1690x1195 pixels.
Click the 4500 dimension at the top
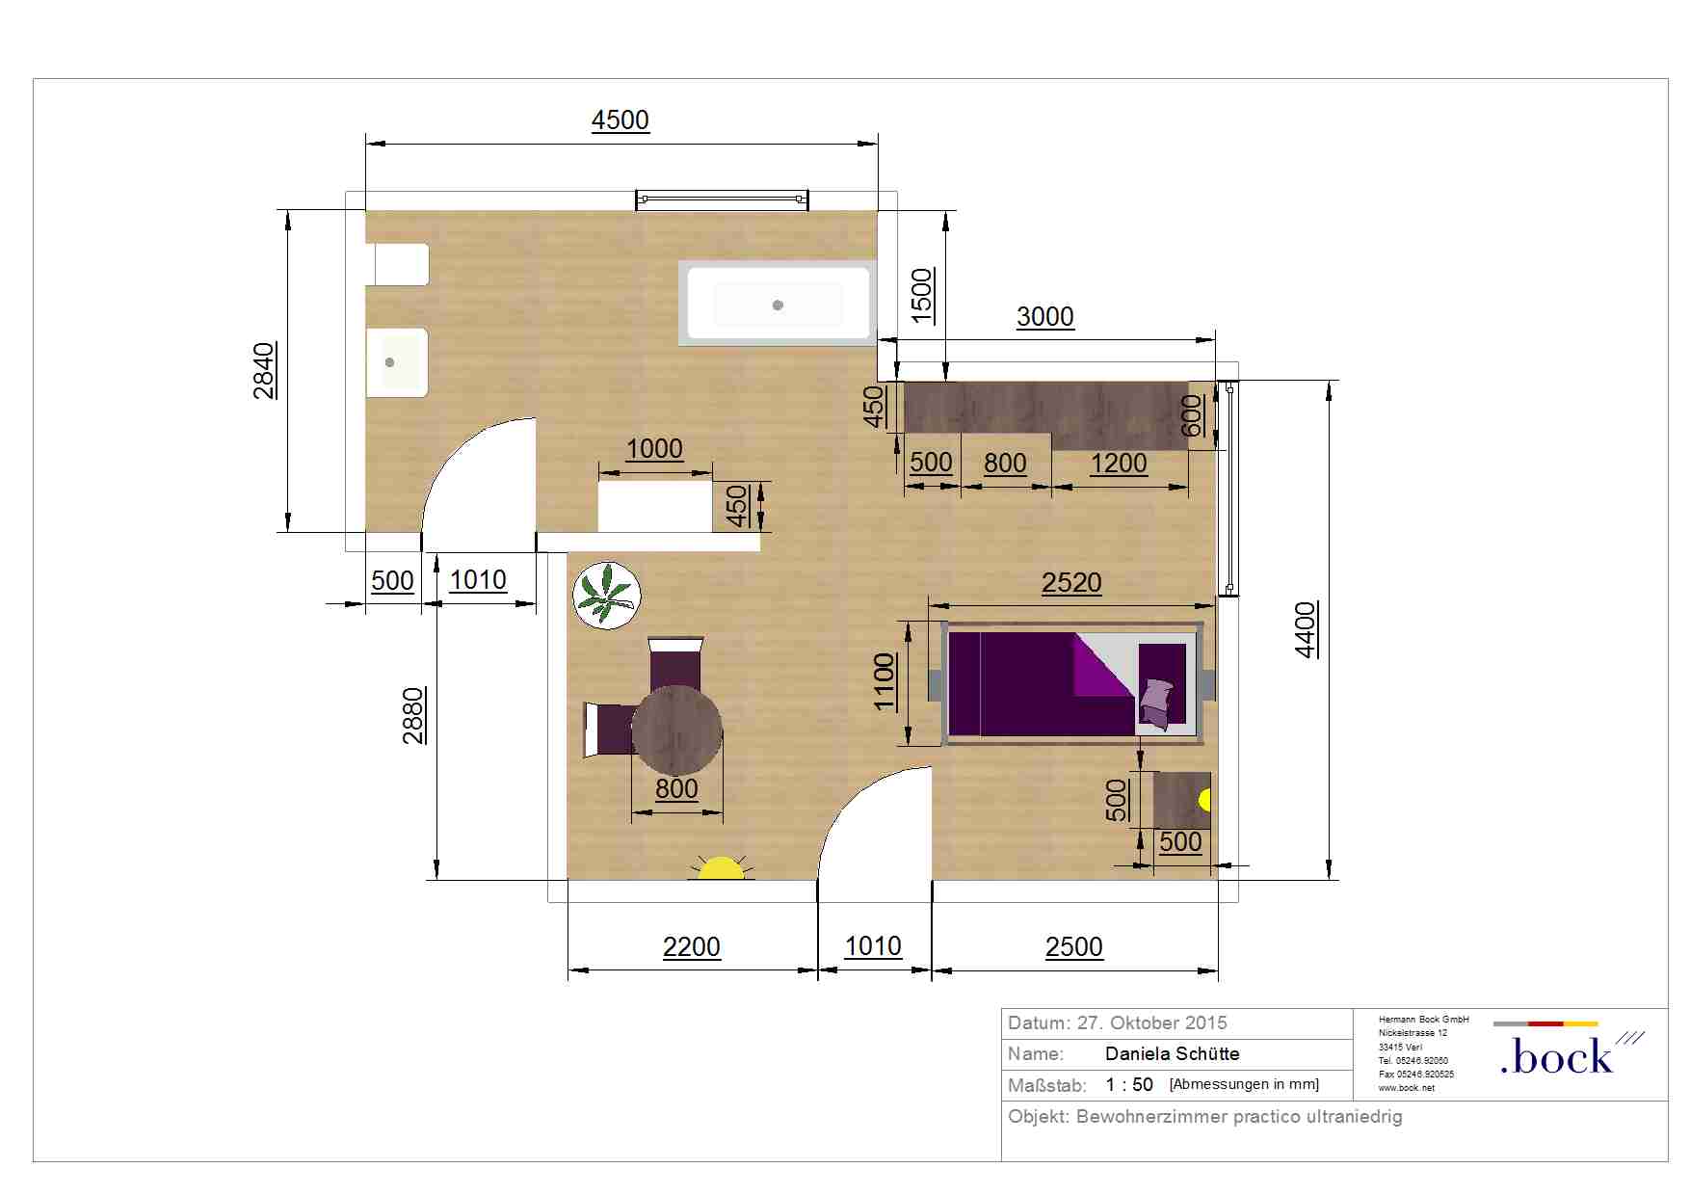pyautogui.click(x=621, y=120)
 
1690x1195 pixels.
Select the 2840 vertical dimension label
pyautogui.click(x=264, y=370)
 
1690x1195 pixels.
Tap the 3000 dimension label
pyautogui.click(x=1045, y=317)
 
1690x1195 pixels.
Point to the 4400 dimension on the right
pyautogui.click(x=1306, y=630)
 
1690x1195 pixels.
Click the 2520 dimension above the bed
pyautogui.click(x=1071, y=583)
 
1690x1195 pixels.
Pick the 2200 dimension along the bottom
pyautogui.click(x=692, y=947)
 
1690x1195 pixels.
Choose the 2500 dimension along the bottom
pyautogui.click(x=1074, y=947)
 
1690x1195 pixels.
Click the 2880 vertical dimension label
pyautogui.click(x=413, y=716)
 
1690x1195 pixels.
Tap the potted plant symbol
pyautogui.click(x=607, y=596)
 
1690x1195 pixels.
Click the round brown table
pyautogui.click(x=677, y=730)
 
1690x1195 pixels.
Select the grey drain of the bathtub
pyautogui.click(x=778, y=305)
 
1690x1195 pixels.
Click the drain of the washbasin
pyautogui.click(x=389, y=362)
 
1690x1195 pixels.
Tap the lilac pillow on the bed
pyautogui.click(x=1156, y=704)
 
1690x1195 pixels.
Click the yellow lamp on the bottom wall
pyautogui.click(x=721, y=867)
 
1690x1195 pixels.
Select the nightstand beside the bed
pyautogui.click(x=1182, y=800)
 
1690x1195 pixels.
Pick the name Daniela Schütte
pyautogui.click(x=1173, y=1054)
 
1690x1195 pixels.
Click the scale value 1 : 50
pyautogui.click(x=1129, y=1085)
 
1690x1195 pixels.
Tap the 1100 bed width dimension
pyautogui.click(x=885, y=682)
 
